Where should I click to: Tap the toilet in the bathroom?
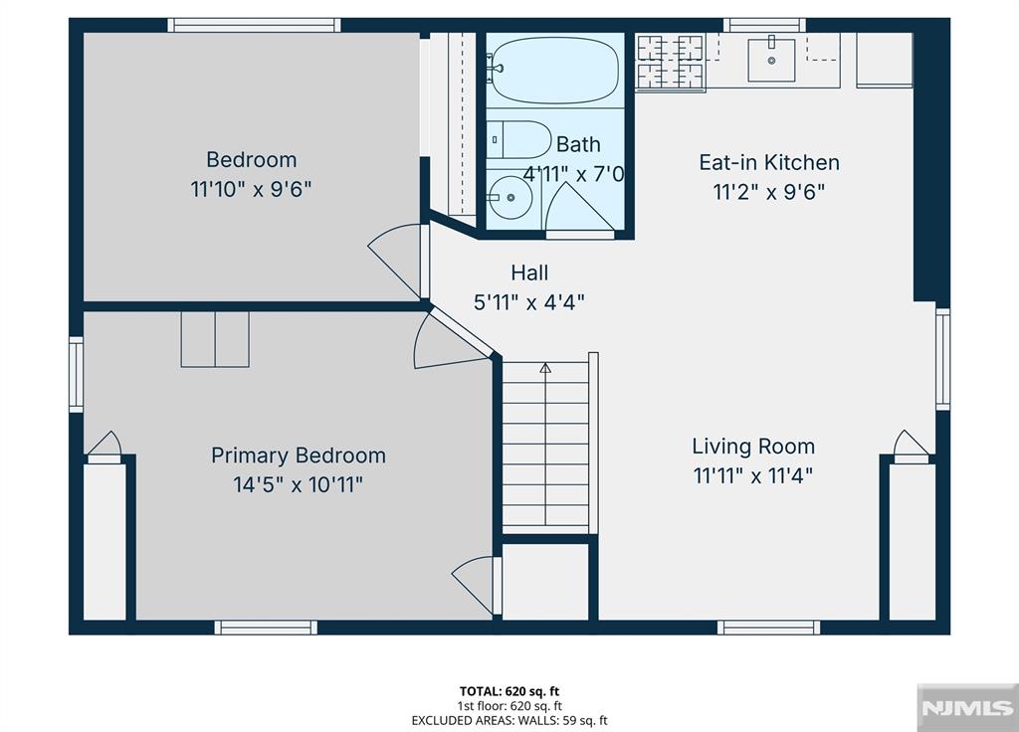coord(519,139)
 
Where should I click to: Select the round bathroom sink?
coord(510,197)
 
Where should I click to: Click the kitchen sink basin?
coord(771,61)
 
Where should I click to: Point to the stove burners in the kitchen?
coord(670,62)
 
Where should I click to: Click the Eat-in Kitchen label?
coord(769,162)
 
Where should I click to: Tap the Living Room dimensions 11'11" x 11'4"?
coord(753,476)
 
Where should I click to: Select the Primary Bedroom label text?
coord(299,456)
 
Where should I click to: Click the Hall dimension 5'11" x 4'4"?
coord(529,302)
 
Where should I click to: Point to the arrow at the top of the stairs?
coord(545,368)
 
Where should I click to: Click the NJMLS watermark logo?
coord(967,707)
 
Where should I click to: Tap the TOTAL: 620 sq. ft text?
coord(509,691)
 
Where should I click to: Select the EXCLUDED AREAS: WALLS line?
coord(509,720)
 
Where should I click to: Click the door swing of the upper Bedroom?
coord(395,260)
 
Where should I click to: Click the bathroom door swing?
coord(578,207)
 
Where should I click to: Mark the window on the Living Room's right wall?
coord(943,358)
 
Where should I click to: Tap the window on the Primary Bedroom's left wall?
coord(76,374)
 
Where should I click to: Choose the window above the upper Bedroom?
coord(254,25)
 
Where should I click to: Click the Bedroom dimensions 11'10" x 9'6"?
coord(251,190)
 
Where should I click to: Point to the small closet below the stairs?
coord(546,581)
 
